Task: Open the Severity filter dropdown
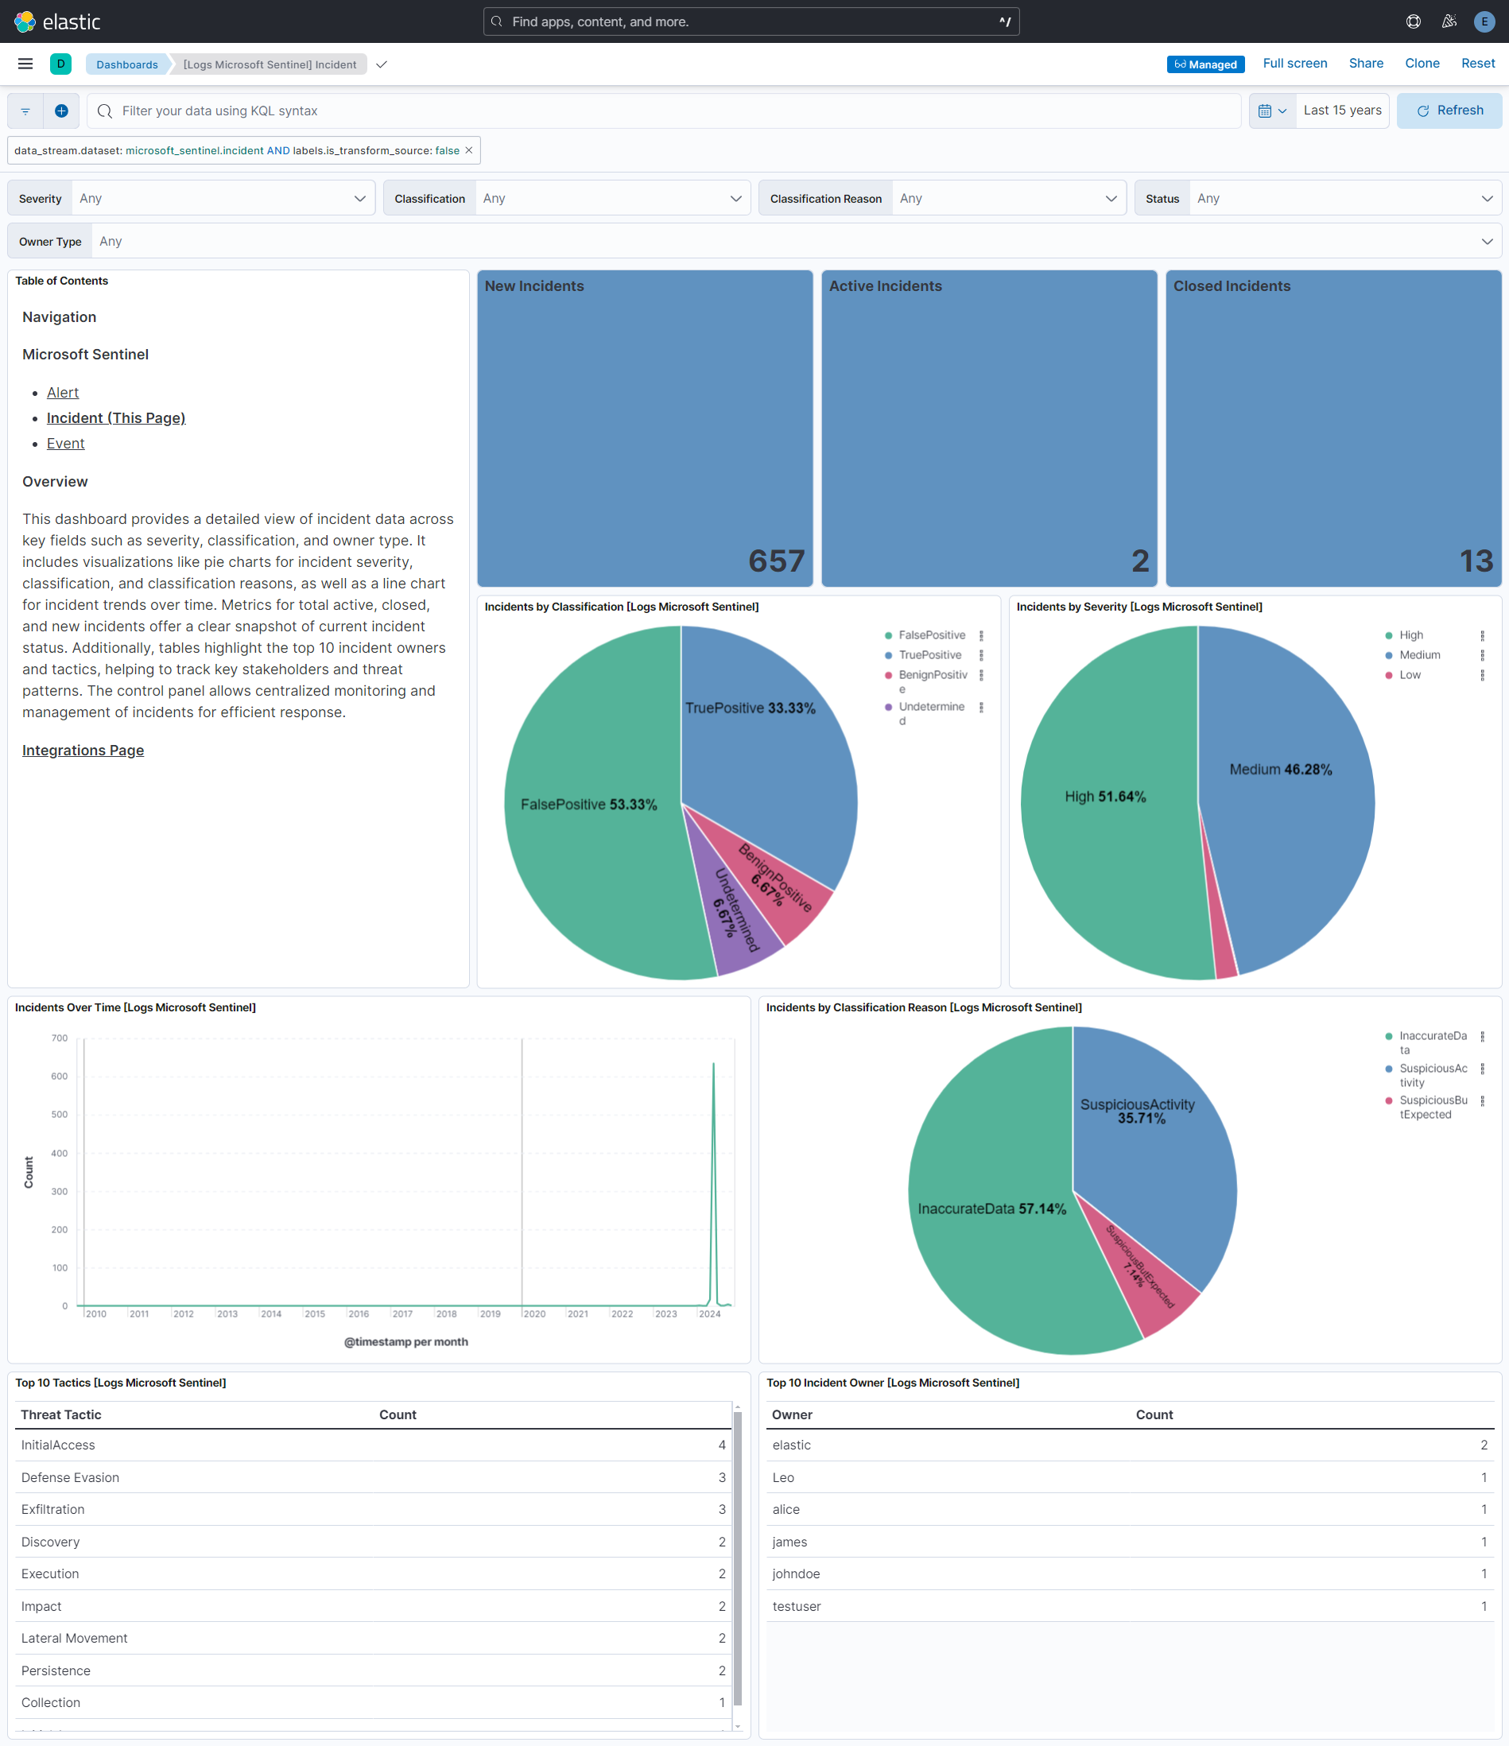(x=223, y=198)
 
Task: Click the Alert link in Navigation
(x=62, y=393)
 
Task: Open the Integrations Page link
(x=83, y=750)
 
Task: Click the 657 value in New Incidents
(x=775, y=561)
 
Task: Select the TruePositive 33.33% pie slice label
(x=750, y=708)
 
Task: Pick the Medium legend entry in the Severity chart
(x=1419, y=655)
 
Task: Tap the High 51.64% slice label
(x=1104, y=797)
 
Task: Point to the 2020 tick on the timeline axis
(x=534, y=1313)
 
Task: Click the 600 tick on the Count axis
(x=59, y=1076)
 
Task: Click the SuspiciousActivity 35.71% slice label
(x=1138, y=1111)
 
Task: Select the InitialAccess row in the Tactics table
(x=58, y=1445)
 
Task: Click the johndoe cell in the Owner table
(x=795, y=1574)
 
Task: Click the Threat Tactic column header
(x=60, y=1414)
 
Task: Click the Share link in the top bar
(x=1365, y=63)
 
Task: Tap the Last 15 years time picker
(x=1341, y=111)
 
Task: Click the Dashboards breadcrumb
(x=126, y=64)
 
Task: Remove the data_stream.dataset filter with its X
(x=469, y=150)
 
